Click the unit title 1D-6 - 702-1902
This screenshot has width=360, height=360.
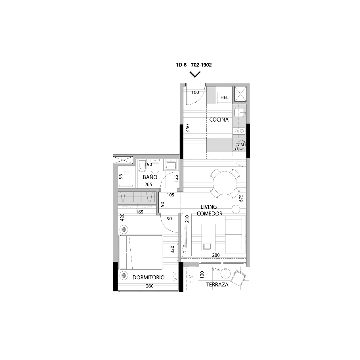pos(194,65)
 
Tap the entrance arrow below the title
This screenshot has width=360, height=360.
pos(195,74)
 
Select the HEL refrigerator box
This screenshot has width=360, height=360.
pos(224,97)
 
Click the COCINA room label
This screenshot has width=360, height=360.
pos(219,120)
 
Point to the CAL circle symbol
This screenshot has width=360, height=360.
pos(241,145)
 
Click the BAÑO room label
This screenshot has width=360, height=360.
pos(150,177)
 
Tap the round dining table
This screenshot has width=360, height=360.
pos(225,183)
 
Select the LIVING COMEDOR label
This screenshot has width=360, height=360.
pos(210,210)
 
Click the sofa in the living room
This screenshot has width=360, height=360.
pos(234,234)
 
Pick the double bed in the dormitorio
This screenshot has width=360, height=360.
pos(141,252)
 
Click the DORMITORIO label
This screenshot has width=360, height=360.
pos(149,277)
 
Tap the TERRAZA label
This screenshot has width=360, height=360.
pos(217,285)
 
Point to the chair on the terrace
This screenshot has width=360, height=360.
pos(239,278)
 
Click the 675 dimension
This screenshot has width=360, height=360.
pos(241,198)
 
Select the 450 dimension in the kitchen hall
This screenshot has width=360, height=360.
pos(188,128)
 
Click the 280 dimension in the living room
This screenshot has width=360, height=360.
pos(216,255)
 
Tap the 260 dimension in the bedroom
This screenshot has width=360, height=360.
pos(149,286)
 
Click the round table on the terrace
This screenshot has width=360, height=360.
pos(225,273)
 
